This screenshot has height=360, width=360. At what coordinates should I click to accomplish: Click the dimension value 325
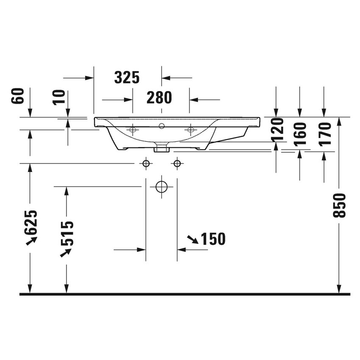tap(127, 78)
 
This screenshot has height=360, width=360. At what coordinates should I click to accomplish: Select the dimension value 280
tap(159, 98)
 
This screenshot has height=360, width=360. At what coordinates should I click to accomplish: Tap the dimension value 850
tap(339, 205)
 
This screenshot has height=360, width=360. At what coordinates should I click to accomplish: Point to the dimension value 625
tap(31, 222)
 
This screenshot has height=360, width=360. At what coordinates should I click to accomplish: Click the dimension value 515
tap(67, 233)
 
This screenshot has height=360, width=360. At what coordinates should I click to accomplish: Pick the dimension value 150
tap(213, 239)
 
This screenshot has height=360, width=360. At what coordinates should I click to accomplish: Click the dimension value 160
tap(300, 134)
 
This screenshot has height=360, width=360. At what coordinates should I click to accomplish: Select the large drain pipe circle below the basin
tap(161, 186)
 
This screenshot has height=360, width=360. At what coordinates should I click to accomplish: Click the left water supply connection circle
tap(146, 163)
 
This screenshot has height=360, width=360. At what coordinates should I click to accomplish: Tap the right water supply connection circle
tap(177, 163)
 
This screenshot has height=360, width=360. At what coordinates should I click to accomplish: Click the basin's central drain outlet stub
tap(161, 148)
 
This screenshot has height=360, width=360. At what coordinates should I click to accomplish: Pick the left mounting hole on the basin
tap(133, 129)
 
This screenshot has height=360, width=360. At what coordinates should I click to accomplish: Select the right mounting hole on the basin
tap(190, 129)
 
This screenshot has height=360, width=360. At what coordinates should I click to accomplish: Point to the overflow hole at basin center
tap(161, 126)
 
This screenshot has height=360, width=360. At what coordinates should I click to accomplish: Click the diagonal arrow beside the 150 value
tap(192, 240)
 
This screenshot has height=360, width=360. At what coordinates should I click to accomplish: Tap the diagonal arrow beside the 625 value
tap(31, 241)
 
